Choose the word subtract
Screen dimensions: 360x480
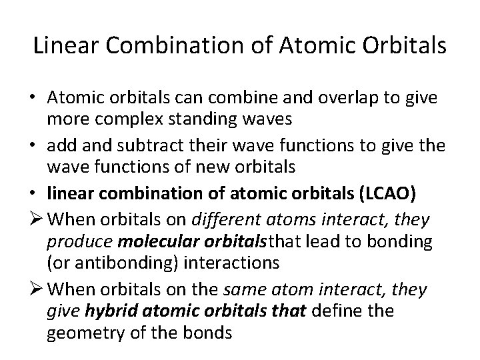tap(157, 142)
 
